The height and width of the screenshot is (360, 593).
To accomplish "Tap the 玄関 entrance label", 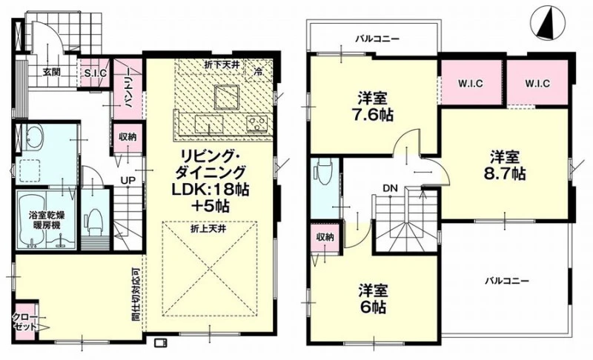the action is [x=51, y=72].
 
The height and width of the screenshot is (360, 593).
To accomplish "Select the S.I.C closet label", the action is [x=95, y=73].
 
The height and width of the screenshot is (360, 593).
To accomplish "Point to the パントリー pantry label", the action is [x=128, y=88].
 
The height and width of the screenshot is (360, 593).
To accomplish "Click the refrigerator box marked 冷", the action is [x=258, y=70].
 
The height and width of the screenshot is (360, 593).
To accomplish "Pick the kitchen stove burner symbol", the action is [x=257, y=123].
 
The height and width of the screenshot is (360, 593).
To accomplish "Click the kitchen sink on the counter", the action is [x=209, y=124].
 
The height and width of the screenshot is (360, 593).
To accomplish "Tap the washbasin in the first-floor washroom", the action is [x=33, y=137].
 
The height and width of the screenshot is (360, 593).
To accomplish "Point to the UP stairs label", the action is [x=127, y=181].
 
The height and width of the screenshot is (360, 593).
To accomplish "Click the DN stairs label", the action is [x=390, y=187].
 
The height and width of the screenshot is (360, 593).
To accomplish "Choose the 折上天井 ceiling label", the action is [x=208, y=229].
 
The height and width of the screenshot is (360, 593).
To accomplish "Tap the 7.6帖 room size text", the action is [x=373, y=114].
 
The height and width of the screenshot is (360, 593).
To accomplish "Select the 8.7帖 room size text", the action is [x=505, y=173].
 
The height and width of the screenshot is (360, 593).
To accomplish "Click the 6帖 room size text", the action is [x=373, y=307].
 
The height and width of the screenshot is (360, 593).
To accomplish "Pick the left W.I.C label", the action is [x=471, y=83].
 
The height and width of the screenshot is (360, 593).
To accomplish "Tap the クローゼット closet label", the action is [x=25, y=321].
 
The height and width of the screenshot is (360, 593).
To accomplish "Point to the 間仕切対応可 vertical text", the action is [x=136, y=294].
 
